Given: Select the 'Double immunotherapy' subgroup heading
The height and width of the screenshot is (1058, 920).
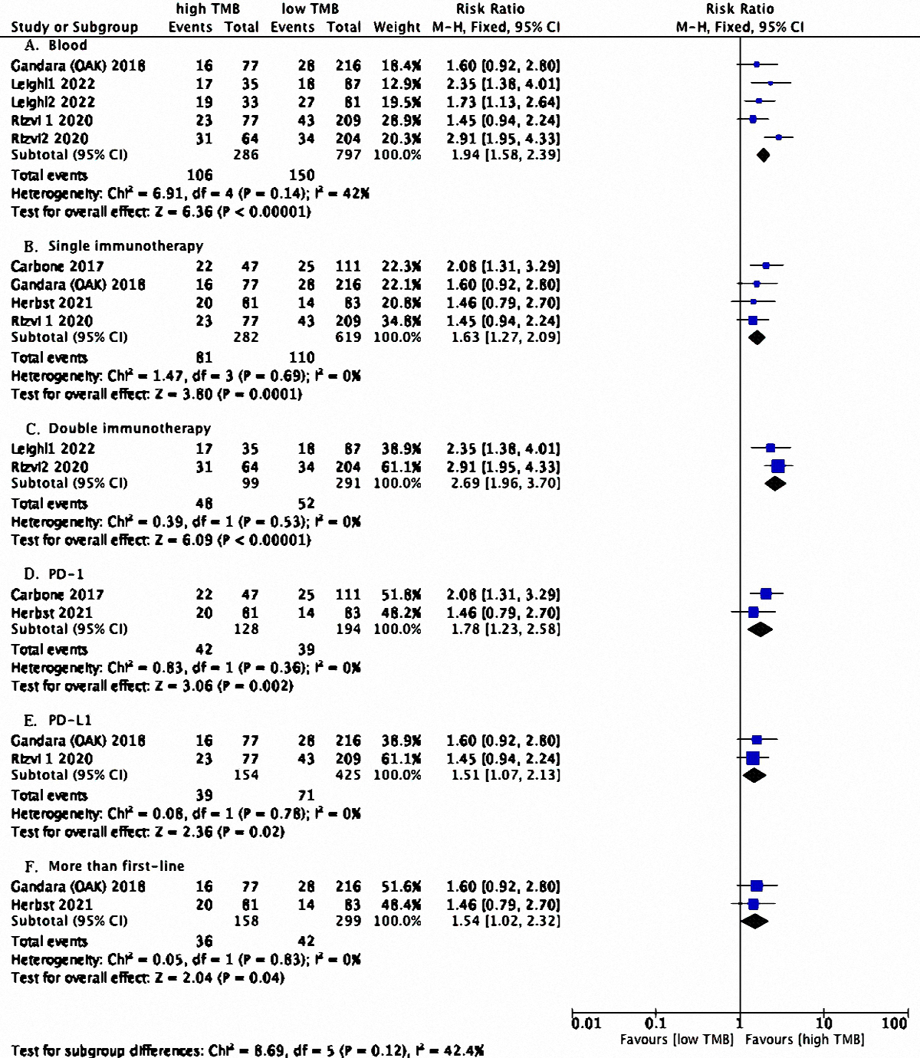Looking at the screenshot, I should (118, 428).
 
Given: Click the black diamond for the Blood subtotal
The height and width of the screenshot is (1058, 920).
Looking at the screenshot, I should (763, 155).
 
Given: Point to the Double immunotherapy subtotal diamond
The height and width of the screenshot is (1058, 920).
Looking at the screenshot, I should (775, 483).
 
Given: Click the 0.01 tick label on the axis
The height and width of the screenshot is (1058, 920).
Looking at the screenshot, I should (586, 1024).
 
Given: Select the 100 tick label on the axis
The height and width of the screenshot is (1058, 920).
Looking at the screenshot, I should (894, 1024).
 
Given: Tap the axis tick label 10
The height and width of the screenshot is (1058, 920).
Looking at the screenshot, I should (823, 1024).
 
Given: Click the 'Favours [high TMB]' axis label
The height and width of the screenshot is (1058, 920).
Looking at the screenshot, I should (804, 1040).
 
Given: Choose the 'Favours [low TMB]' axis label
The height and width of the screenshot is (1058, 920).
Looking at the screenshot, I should (677, 1040).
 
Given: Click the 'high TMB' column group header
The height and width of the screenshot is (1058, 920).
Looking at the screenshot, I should (208, 9).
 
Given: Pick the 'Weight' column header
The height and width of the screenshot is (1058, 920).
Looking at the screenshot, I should (397, 27).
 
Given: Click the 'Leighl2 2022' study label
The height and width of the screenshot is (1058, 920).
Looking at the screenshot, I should (53, 102).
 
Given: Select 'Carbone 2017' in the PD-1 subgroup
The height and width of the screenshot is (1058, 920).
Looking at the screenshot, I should (58, 594).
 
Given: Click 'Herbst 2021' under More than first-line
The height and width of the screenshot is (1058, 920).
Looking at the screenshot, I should (51, 905).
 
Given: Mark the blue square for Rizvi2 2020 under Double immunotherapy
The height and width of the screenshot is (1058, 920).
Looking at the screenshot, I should (778, 466).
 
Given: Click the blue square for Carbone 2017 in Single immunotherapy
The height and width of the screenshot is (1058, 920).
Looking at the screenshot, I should (766, 266).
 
